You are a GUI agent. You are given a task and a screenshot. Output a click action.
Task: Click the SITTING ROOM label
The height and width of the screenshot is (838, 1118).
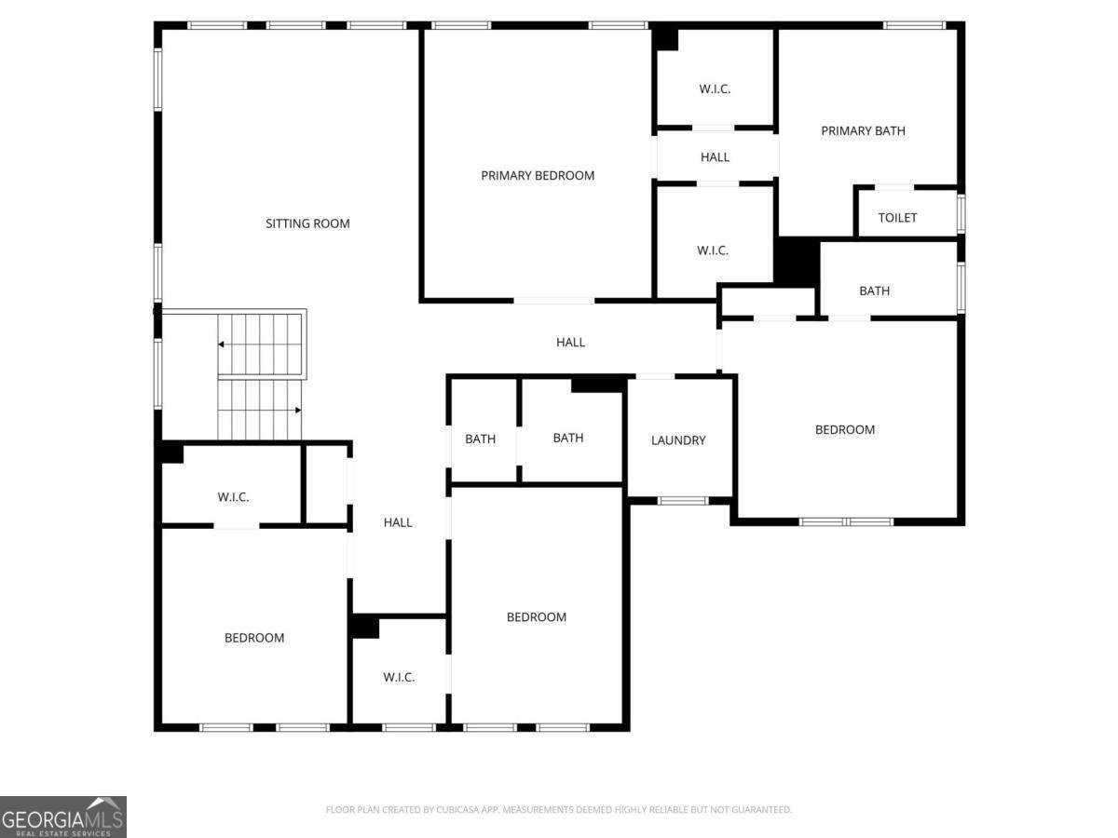coord(307,223)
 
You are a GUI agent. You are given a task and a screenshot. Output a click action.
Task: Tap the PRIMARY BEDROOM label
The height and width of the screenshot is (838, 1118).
coord(538,176)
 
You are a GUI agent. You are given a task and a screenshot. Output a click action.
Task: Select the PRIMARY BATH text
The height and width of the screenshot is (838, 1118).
coord(863,130)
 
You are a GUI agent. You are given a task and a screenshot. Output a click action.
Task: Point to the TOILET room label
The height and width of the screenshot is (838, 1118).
coord(897,218)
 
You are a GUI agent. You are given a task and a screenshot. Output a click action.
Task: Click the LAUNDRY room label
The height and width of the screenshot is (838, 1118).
coord(678,440)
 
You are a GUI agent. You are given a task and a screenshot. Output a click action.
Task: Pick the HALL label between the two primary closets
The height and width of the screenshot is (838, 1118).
coord(715,157)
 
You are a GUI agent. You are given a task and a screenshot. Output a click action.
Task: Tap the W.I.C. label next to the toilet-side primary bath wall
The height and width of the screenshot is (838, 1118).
coord(713,250)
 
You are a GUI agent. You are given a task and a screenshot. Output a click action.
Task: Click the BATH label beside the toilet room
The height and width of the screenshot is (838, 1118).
coord(874,291)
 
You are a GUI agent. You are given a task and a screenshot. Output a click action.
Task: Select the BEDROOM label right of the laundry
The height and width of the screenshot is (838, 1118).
coord(845,429)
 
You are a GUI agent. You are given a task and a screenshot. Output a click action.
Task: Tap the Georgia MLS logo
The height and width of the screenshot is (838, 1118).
coord(63,818)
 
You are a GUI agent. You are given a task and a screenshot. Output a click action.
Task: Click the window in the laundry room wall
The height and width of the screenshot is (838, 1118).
coord(683,501)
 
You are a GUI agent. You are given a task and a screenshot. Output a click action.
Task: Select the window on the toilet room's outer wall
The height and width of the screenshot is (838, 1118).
coord(961,214)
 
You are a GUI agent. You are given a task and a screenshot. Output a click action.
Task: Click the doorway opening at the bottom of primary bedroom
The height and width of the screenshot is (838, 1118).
coord(553,301)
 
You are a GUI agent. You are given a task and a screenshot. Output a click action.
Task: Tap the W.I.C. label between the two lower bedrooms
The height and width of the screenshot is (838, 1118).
coord(399,677)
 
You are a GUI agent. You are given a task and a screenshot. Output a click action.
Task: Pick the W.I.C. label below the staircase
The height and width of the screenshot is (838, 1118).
coord(233,497)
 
